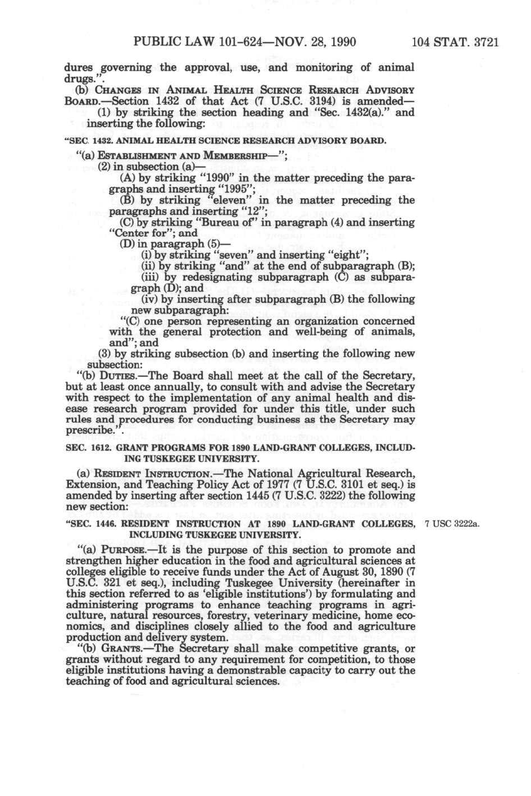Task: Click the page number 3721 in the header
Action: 485,42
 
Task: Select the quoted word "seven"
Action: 235,255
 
